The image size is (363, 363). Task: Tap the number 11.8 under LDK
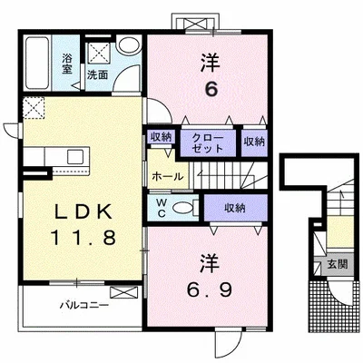pos(83,237)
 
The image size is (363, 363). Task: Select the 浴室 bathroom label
pos(67,64)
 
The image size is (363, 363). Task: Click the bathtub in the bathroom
pos(37,63)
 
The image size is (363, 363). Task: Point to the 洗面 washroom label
pos(97,74)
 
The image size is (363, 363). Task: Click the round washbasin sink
pos(129,45)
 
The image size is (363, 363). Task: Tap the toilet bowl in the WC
pos(182,208)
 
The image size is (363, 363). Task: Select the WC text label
pos(162,208)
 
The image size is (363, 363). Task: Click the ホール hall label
pos(168,176)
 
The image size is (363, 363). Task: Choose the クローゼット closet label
pos(208,143)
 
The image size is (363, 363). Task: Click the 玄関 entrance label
pos(338,265)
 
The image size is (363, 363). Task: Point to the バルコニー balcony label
pos(84,305)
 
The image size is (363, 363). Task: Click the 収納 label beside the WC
pos(235,208)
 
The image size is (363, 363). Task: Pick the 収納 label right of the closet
pos(254,142)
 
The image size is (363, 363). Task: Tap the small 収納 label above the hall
pos(161,137)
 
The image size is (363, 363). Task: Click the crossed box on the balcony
pos(123,292)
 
